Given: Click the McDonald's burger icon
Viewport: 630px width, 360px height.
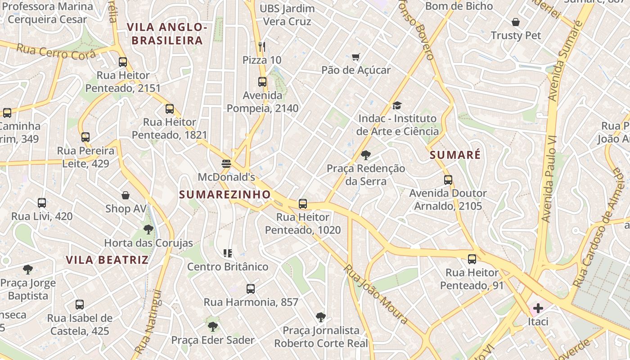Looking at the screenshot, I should (226, 163).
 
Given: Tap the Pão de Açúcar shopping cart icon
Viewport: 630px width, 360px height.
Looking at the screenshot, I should (356, 57).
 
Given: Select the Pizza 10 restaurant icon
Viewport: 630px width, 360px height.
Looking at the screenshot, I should (262, 46).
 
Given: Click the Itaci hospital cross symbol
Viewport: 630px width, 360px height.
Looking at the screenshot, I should (538, 308).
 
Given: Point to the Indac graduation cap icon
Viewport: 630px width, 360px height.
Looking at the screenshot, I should (396, 105).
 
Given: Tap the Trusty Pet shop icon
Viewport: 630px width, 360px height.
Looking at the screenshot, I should (516, 22).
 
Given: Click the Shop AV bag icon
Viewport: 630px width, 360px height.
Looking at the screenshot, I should (126, 195).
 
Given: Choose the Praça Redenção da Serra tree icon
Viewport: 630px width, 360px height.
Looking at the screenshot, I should (366, 155).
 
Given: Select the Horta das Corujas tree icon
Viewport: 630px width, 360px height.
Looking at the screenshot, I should (148, 229).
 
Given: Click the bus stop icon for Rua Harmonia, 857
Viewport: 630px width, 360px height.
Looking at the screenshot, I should (251, 288).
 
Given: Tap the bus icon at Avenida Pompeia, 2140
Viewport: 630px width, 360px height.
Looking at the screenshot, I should (262, 82).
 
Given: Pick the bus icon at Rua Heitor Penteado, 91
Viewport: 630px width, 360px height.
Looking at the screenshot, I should (472, 259).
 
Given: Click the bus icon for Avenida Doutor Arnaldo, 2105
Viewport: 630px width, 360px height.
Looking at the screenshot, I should (448, 180).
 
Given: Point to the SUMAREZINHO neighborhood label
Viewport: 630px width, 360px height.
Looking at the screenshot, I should (225, 194).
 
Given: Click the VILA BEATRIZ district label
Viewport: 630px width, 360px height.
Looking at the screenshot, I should (107, 260).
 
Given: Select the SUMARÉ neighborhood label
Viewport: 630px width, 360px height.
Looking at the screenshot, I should (455, 155).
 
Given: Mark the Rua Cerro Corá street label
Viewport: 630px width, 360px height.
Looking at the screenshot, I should (56, 52).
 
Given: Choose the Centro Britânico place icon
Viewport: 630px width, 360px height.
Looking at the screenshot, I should (227, 253).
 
